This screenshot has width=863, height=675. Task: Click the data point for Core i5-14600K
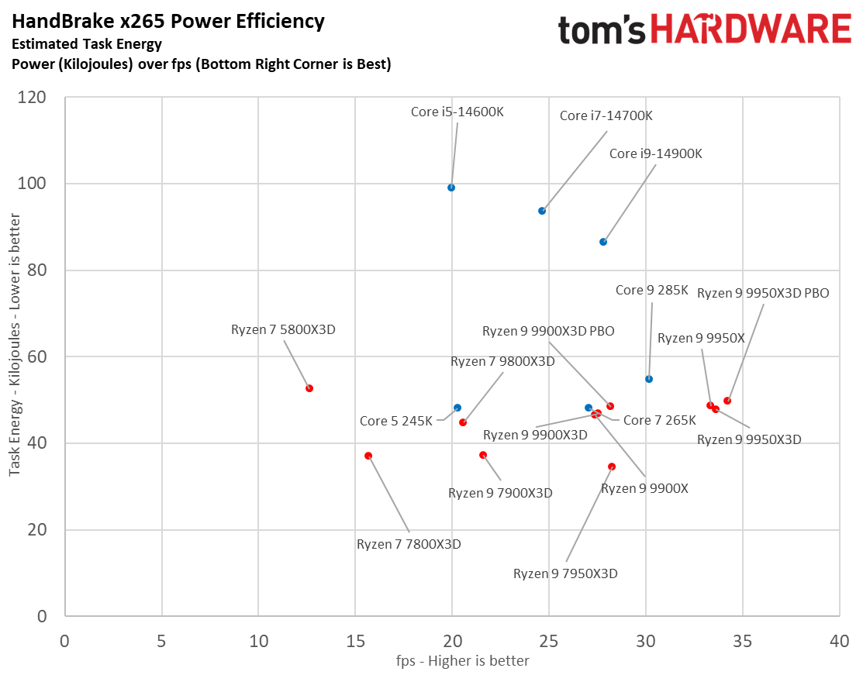(x=451, y=188)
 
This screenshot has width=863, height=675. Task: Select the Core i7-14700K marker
(x=542, y=211)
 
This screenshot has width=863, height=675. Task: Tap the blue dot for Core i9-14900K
(x=603, y=242)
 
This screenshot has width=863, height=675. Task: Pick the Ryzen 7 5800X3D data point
(x=309, y=388)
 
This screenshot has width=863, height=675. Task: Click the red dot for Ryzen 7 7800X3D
(x=368, y=456)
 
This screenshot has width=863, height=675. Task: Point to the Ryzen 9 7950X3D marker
(x=612, y=467)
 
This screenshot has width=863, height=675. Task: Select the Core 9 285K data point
(x=649, y=379)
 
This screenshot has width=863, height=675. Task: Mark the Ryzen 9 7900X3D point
(x=483, y=455)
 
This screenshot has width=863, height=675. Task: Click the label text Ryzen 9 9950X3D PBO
(x=763, y=293)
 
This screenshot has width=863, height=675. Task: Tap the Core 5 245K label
(x=395, y=422)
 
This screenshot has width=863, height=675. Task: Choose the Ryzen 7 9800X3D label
(x=502, y=361)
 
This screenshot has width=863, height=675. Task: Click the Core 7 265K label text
(x=660, y=420)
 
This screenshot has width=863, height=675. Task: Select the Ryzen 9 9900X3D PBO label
(x=548, y=331)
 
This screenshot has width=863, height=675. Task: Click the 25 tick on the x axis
(x=548, y=642)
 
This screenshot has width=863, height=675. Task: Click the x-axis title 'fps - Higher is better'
(x=451, y=660)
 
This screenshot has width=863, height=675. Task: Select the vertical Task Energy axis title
(x=14, y=356)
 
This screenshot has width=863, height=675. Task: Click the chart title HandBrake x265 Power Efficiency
(x=167, y=21)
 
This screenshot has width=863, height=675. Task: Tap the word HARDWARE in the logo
(x=750, y=30)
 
